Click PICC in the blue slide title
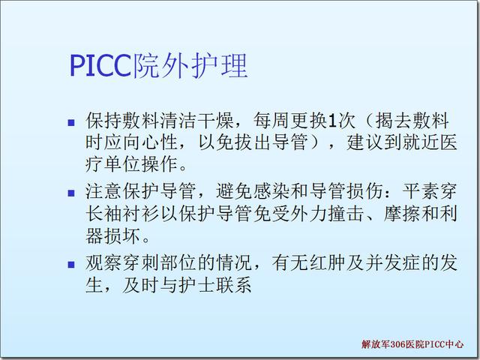(100, 65)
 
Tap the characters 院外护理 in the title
(189, 65)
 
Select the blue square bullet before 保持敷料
(71, 123)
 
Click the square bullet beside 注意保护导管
(71, 193)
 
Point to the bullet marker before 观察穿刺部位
(71, 265)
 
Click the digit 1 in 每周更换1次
(331, 121)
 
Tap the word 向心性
(150, 142)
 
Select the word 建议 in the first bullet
(365, 142)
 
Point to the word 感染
(271, 191)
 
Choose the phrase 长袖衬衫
(122, 213)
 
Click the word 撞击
(346, 213)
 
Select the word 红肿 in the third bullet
(328, 263)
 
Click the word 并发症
(393, 263)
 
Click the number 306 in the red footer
(397, 344)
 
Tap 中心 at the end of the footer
(454, 344)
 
